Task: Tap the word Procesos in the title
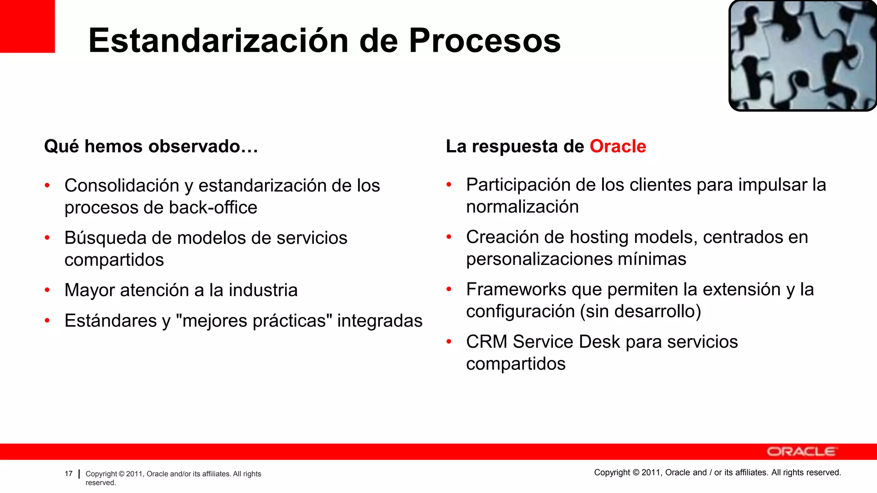485,41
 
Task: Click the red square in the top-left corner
27,26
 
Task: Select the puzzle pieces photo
803,56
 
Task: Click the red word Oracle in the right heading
617,146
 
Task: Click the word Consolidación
122,186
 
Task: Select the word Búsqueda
105,238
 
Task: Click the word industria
263,290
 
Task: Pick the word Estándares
110,321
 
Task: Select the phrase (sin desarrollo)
640,311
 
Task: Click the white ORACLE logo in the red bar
801,451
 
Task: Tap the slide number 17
69,474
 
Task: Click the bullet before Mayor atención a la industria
48,290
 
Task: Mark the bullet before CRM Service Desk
449,342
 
